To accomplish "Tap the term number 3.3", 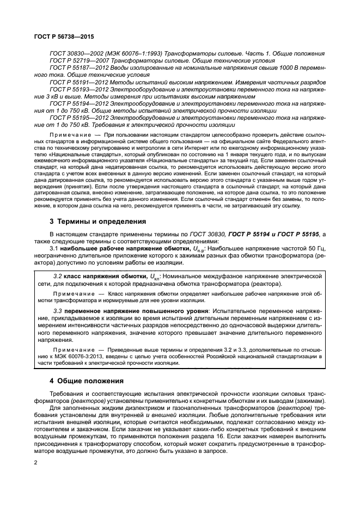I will (57, 310).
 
